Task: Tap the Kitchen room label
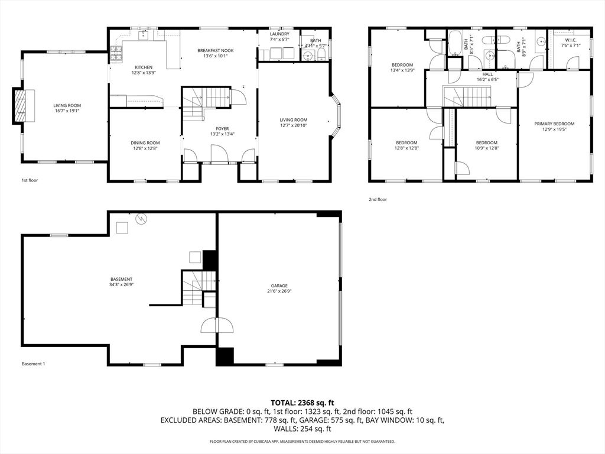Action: click(144, 67)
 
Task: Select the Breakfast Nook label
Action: click(215, 51)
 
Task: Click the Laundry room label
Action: click(279, 34)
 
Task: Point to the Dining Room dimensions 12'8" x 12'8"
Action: click(145, 148)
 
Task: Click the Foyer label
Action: click(222, 128)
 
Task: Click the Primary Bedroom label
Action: click(554, 124)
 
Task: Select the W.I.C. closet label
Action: click(570, 40)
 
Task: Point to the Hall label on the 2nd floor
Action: click(487, 74)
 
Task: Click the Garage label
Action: click(279, 285)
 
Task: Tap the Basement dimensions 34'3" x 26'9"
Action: click(121, 285)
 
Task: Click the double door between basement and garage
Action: click(217, 325)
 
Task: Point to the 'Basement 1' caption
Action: click(33, 364)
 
